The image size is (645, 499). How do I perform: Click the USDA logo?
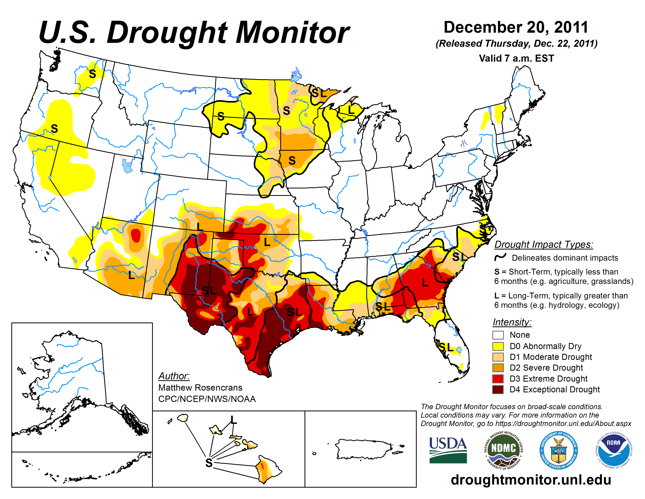point(448,450)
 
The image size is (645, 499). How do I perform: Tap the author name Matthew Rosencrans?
point(200,387)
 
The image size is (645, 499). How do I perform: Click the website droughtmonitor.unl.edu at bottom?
point(531,479)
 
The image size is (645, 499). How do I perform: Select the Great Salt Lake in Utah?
point(127,166)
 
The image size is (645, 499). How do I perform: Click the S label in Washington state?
point(92,74)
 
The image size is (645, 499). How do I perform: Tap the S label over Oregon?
point(54,129)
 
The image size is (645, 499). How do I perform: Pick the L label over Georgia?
point(425,283)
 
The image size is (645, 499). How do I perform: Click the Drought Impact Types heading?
point(543,244)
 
